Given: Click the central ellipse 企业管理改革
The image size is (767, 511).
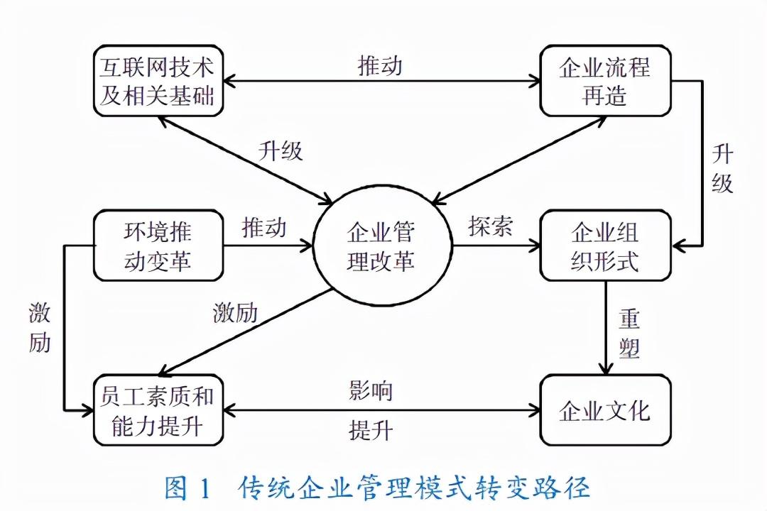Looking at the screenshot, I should coord(381,246).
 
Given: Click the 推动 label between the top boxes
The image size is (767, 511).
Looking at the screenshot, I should coord(380,65).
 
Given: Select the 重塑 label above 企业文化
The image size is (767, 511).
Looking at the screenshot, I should coord(629,334).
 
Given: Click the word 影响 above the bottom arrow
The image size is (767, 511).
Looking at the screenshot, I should coord(371,390).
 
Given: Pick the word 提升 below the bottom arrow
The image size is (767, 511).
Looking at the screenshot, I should coord(371,431).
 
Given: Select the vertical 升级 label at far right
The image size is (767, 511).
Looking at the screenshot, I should coord(722,170).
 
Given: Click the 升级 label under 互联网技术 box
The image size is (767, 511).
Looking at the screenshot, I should coord(281,151).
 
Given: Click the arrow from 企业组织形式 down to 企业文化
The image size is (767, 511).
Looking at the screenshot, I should coord(605,326).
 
